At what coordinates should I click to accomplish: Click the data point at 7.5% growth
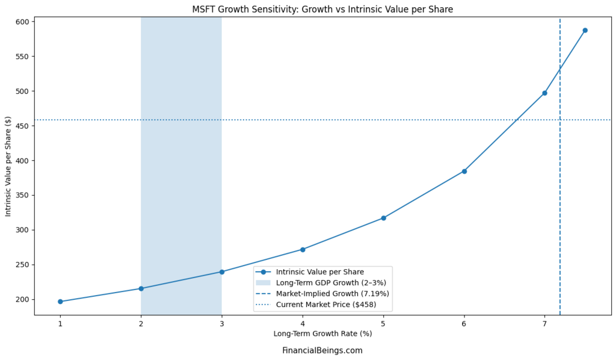585,30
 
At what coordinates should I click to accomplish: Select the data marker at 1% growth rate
60,302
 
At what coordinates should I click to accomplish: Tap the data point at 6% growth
464,171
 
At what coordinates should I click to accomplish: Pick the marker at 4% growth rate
303,249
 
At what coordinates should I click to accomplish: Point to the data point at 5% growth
383,218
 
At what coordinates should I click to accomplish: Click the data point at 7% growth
544,93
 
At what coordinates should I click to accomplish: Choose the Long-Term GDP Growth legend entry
330,282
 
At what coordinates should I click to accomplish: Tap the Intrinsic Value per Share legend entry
319,272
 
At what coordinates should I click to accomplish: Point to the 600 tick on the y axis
23,22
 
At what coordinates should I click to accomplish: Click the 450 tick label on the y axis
23,126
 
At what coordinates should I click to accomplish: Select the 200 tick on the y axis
23,299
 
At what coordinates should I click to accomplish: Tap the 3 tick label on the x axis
221,324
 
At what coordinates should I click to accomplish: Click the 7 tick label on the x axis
544,324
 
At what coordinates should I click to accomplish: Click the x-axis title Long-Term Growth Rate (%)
322,334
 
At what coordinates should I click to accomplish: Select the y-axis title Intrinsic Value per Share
8,168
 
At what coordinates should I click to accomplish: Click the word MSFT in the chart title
205,9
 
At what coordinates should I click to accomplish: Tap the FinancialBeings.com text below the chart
322,350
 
